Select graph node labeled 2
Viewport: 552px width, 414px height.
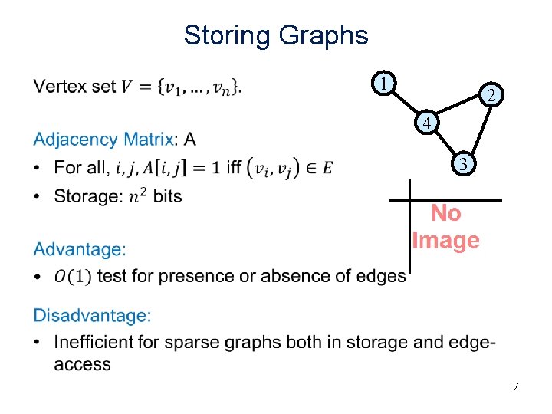point(491,94)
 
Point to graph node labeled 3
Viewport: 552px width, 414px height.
point(462,163)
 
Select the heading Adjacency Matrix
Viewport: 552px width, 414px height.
point(103,140)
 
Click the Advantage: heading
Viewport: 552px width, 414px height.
point(80,249)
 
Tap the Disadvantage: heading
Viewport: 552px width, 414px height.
point(93,315)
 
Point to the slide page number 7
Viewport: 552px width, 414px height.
point(516,386)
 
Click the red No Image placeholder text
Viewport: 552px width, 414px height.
point(446,227)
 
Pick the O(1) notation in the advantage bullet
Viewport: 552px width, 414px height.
point(73,276)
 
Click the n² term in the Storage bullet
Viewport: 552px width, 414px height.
point(137,196)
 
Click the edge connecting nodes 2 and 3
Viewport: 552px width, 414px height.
point(478,128)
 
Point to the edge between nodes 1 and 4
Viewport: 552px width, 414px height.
point(404,103)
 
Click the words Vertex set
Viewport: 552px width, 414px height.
point(74,86)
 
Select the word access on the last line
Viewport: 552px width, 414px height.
point(82,363)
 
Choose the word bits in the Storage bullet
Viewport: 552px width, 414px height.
point(167,196)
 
